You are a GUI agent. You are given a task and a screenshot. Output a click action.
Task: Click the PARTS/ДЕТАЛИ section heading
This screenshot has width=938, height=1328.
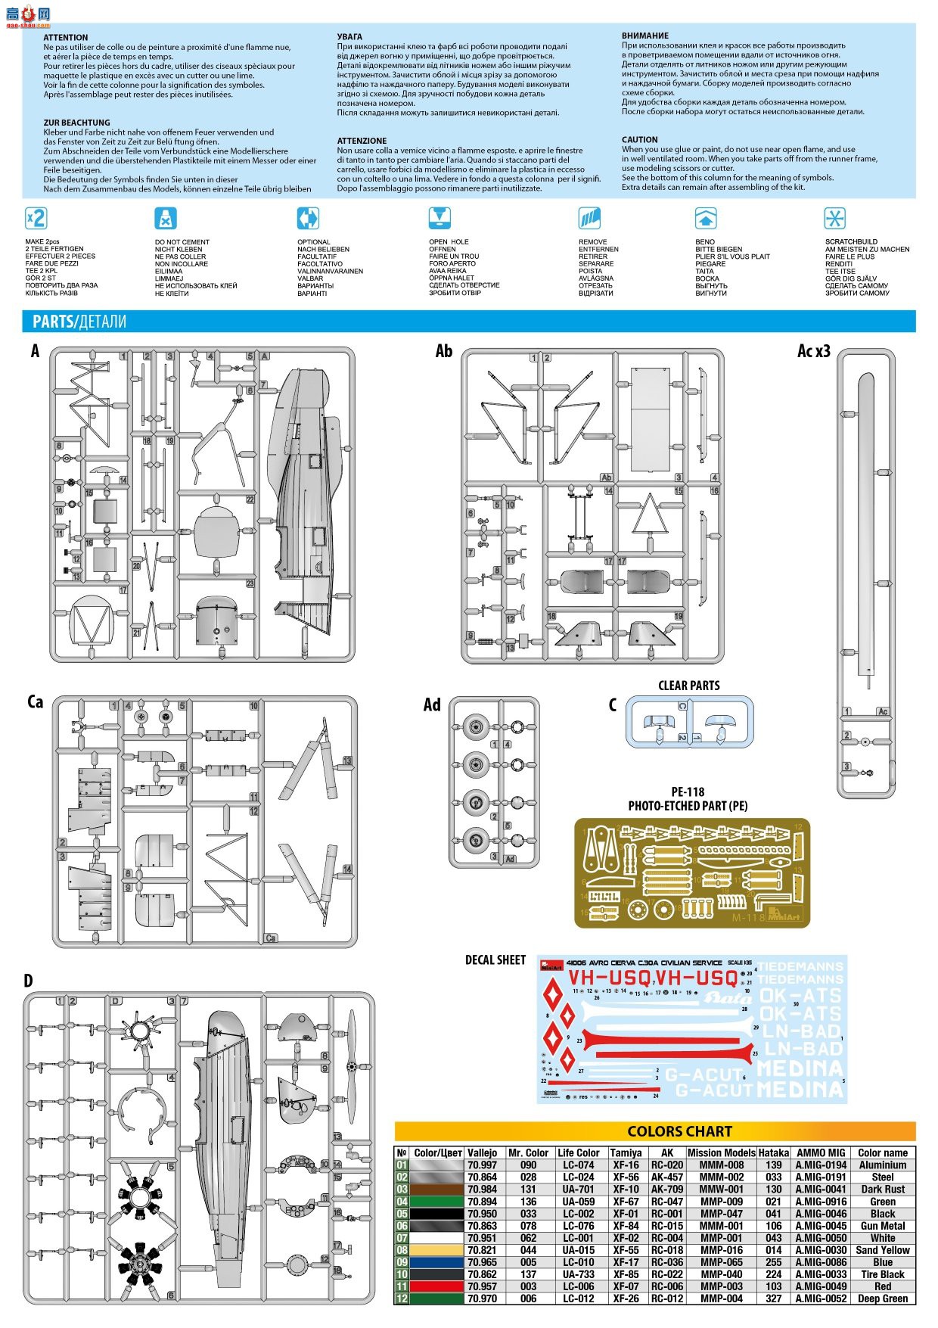pyautogui.click(x=79, y=322)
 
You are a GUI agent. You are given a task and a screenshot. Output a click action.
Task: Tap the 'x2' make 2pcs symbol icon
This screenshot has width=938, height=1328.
pyautogui.click(x=36, y=219)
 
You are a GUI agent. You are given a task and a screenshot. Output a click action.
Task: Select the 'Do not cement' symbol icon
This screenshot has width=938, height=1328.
pyautogui.click(x=166, y=219)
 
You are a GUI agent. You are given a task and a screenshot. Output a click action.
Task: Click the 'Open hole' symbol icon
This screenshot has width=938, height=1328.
pyautogui.click(x=439, y=219)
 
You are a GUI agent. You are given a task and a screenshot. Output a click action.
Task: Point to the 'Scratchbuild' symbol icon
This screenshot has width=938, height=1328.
pyautogui.click(x=834, y=219)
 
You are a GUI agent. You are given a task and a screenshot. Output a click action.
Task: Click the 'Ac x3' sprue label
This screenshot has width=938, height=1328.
pyautogui.click(x=813, y=351)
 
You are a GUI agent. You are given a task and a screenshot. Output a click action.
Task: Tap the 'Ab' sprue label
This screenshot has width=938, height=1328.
pyautogui.click(x=443, y=351)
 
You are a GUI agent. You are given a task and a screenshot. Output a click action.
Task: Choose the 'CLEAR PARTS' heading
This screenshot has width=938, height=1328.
pyautogui.click(x=688, y=686)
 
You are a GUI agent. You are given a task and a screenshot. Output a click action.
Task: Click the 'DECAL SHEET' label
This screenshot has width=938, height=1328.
pyautogui.click(x=495, y=959)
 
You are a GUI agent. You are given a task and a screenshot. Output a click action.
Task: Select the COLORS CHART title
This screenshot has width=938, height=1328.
pyautogui.click(x=679, y=1131)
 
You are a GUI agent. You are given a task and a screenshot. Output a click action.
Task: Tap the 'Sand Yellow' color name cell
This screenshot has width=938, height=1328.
pyautogui.click(x=883, y=1250)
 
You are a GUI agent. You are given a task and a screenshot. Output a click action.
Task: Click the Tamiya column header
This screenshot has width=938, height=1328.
pyautogui.click(x=626, y=1152)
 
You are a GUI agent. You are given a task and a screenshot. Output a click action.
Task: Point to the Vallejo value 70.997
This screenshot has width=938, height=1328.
pyautogui.click(x=482, y=1165)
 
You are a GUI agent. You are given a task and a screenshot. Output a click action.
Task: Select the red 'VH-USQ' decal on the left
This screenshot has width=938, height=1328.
pyautogui.click(x=609, y=978)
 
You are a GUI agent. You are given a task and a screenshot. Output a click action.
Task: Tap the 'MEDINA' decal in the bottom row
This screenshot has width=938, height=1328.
pyautogui.click(x=800, y=1089)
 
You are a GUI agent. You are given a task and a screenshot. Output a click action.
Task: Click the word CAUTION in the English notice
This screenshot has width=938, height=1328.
pyautogui.click(x=639, y=140)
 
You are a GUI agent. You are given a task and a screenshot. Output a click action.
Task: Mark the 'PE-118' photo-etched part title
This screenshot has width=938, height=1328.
pyautogui.click(x=688, y=792)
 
